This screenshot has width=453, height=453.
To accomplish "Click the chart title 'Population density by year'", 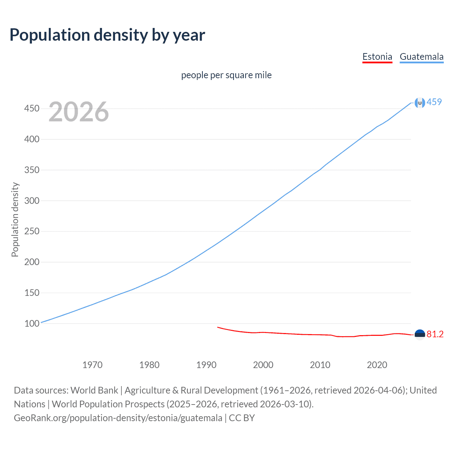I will [x=107, y=35].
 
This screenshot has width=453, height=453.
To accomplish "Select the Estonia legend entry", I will [x=377, y=57].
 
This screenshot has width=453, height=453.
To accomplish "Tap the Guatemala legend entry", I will [x=422, y=57].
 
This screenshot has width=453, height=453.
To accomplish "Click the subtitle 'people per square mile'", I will [x=226, y=75].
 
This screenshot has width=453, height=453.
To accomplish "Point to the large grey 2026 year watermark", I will [x=79, y=112].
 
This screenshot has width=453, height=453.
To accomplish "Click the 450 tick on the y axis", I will [x=31, y=108].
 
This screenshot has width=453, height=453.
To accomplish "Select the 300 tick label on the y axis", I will [x=31, y=201].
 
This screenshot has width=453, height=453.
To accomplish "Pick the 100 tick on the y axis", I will [x=31, y=323].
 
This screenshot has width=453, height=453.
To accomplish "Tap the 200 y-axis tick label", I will [x=31, y=262].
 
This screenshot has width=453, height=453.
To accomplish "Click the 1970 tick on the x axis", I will [x=92, y=365].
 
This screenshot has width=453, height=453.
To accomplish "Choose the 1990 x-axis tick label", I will [x=206, y=365].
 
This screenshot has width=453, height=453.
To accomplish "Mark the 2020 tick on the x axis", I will [x=377, y=365].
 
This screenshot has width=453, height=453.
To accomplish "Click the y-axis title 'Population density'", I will [x=15, y=219].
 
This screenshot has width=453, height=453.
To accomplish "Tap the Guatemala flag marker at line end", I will [x=420, y=103].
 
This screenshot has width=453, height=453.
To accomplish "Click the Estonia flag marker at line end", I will [x=420, y=334].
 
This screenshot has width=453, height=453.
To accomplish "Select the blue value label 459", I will [x=434, y=102].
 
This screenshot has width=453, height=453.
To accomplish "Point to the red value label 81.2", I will [x=435, y=334].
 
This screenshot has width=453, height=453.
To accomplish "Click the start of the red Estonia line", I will [x=218, y=327].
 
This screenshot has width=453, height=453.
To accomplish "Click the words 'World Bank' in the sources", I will [x=94, y=390].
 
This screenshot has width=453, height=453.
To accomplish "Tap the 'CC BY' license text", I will [x=242, y=418].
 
